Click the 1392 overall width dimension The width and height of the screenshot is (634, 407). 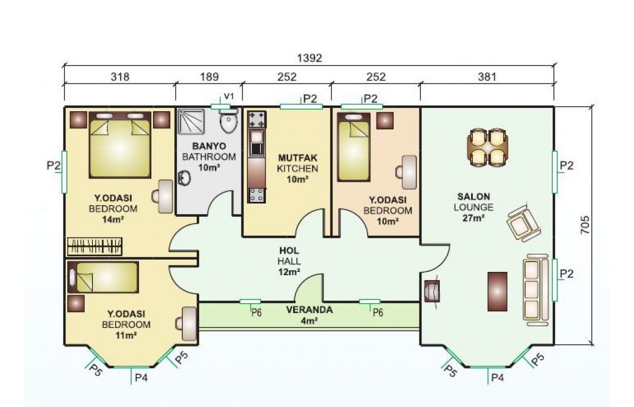309,58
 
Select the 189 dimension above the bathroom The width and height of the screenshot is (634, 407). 210,76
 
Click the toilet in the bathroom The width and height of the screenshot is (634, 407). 229,122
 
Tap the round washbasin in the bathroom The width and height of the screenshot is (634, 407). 185,178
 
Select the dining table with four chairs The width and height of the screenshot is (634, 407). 488,147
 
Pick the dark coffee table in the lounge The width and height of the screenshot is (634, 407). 497,291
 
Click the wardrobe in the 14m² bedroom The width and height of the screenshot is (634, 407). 95,246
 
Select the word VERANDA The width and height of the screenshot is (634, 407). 309,310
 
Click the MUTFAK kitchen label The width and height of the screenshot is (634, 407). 298,157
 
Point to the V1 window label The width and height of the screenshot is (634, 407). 229,96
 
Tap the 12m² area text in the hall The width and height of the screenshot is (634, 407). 289,271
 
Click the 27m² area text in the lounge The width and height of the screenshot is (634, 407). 473,218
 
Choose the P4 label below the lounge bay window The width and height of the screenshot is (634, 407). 497,378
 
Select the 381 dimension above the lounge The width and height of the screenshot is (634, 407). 487,76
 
